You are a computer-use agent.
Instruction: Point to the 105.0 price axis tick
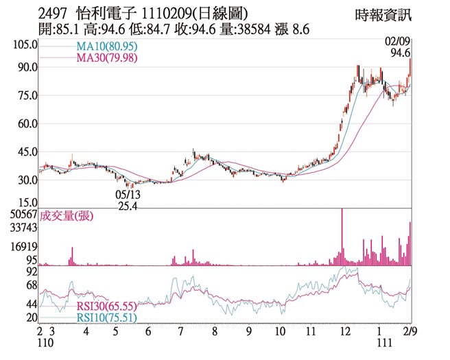[x=23, y=45]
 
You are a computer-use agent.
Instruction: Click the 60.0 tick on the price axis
[x=26, y=124]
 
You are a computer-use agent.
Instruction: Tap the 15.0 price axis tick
[x=26, y=203]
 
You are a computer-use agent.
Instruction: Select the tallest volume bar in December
[x=342, y=237]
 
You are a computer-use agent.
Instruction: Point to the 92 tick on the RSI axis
[x=31, y=272]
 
